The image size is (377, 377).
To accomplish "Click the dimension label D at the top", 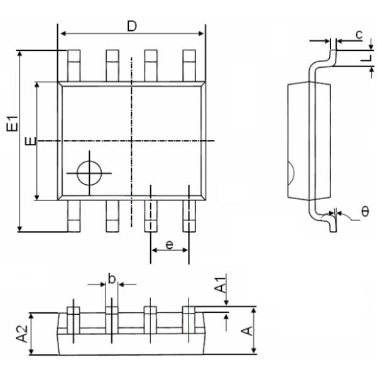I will point(131,26).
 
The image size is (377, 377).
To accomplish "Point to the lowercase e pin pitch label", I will point(170,244).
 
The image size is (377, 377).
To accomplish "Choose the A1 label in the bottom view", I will point(221,287).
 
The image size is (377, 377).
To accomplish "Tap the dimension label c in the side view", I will point(358,35).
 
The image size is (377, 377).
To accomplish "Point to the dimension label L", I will point(364,58).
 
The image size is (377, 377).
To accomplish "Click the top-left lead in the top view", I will point(74,65).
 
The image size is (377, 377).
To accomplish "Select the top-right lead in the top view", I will point(189,65).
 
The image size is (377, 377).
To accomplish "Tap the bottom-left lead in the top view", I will point(74,216).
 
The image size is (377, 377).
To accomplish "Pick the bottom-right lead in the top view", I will point(189,216).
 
